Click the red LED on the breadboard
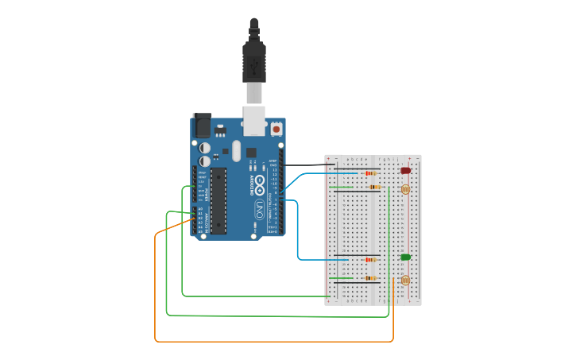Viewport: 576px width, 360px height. coord(405,170)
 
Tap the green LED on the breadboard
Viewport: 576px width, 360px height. coord(405,257)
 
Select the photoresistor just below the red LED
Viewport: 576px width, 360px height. coord(405,189)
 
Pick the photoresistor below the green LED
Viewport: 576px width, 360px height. coord(405,280)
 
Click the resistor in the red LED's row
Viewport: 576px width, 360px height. coord(369,172)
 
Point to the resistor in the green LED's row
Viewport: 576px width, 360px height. coord(369,259)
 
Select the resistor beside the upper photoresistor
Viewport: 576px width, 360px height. coord(374,187)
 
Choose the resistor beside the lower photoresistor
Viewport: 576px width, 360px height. coord(369,278)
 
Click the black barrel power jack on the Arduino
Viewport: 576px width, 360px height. coord(203,126)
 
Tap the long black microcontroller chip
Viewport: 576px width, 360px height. coord(218,200)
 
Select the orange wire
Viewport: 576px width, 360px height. coord(155,286)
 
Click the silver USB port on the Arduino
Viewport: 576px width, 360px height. coord(254,121)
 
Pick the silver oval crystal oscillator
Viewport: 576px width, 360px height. coord(236,149)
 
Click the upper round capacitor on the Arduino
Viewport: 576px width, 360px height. coord(205,147)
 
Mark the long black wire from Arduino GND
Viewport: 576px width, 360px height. coord(306,165)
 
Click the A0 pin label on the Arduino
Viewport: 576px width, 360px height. coord(200,209)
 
